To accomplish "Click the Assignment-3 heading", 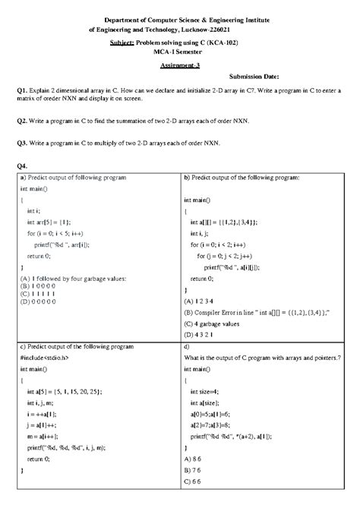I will click(x=179, y=65).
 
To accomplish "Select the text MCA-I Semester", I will click(x=179, y=55).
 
